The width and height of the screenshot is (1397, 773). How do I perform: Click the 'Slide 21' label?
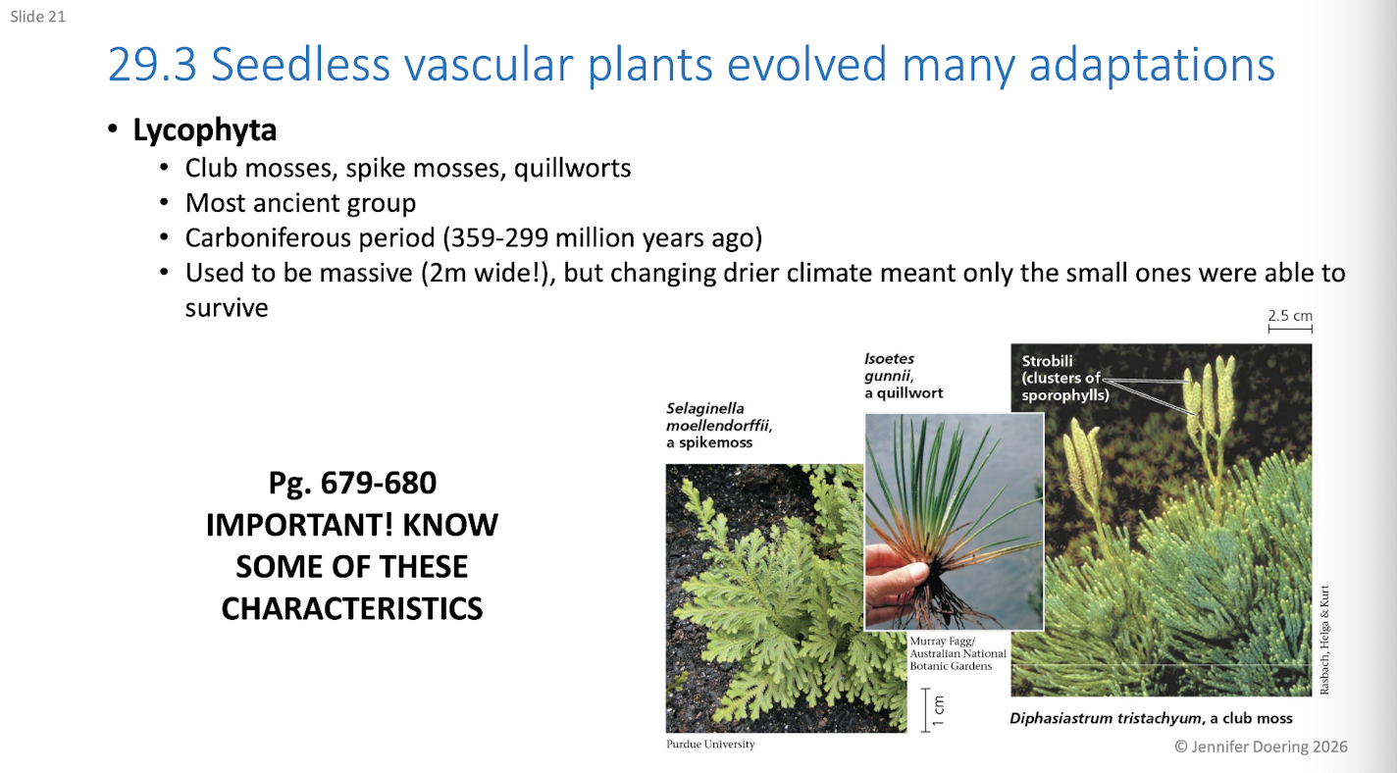coord(37,17)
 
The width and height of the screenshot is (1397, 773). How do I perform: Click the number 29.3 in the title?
coord(152,64)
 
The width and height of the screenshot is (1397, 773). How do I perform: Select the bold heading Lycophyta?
coord(205,130)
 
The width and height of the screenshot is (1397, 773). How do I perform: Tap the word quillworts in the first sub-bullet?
coord(573,169)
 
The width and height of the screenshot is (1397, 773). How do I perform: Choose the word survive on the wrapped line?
coord(227,308)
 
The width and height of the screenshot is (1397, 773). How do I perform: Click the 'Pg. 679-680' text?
coord(352,483)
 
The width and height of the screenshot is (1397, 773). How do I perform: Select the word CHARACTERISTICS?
coord(352,608)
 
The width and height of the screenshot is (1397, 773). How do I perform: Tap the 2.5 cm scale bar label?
coord(1290,316)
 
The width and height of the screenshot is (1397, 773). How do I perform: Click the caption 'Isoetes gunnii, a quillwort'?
coord(904,376)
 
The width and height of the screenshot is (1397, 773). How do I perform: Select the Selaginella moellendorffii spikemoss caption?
coord(719,425)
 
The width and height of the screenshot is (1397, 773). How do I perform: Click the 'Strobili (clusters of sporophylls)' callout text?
coord(1065,378)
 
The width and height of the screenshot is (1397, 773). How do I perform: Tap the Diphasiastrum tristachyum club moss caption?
coord(1151,718)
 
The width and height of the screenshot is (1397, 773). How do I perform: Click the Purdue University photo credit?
coord(710,744)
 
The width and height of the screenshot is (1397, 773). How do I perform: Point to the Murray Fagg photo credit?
coord(957,653)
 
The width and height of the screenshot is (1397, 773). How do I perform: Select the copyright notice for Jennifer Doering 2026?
coord(1261,747)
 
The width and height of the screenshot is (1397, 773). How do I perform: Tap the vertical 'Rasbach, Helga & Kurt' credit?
coord(1324,640)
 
